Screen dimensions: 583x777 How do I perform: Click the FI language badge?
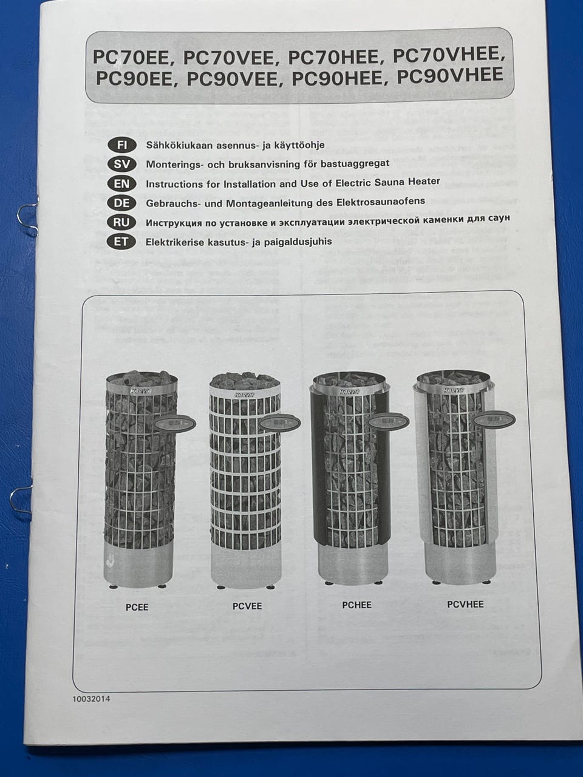click(x=121, y=146)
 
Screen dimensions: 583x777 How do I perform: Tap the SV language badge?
click(x=121, y=165)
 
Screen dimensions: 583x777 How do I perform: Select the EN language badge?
click(x=121, y=184)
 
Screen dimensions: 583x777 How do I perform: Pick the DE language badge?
click(x=121, y=203)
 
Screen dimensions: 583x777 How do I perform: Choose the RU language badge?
click(x=121, y=223)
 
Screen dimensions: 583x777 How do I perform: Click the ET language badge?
click(x=121, y=242)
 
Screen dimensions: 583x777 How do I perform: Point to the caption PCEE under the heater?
click(x=137, y=608)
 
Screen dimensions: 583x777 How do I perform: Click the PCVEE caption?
click(x=247, y=606)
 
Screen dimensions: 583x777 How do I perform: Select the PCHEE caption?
click(x=357, y=605)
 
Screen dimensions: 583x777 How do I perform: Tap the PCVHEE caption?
click(x=465, y=604)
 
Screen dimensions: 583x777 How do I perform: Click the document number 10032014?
click(x=91, y=699)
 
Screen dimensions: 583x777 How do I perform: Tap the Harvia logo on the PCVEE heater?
click(x=243, y=395)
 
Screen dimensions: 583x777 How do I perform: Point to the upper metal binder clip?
click(x=27, y=220)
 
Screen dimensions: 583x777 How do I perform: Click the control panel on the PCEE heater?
click(x=176, y=423)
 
